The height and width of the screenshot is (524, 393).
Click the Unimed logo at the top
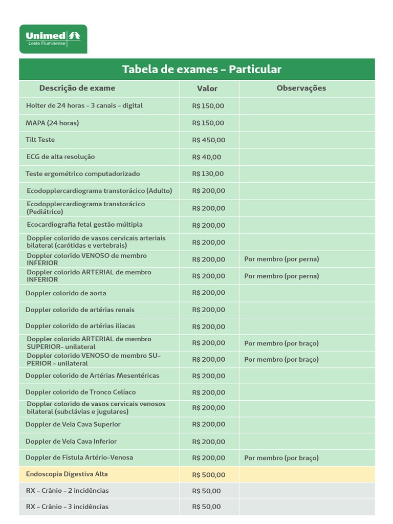[53, 38]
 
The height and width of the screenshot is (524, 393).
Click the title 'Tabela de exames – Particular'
[202, 69]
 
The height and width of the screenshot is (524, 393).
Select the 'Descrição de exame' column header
[77, 88]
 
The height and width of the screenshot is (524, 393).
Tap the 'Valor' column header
[207, 89]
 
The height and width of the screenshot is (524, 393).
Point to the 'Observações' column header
[301, 88]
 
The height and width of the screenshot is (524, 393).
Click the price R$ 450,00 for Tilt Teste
[208, 140]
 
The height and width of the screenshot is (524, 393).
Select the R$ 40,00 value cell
[207, 157]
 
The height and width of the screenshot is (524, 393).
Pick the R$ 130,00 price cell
[208, 174]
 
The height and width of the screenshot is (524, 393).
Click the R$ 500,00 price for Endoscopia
[208, 475]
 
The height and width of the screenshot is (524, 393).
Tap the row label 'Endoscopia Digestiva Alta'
[67, 474]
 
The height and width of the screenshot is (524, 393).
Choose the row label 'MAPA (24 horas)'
[52, 123]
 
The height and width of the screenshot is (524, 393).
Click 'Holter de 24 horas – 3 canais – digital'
[84, 106]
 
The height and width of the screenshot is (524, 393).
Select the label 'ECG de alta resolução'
[60, 157]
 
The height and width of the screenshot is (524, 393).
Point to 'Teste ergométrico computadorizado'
[83, 174]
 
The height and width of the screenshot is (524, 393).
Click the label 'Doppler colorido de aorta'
[66, 293]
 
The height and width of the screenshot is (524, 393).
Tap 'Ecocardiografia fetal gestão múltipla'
[84, 225]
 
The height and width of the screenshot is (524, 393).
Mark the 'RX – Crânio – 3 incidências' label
[67, 507]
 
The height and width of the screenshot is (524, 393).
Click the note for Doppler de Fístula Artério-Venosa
[281, 458]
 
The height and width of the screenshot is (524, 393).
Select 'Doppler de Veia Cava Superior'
[73, 424]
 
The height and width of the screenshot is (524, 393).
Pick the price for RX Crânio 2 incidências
[207, 491]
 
